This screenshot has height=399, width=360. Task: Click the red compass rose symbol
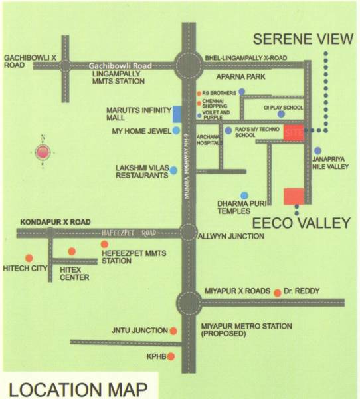(43, 152)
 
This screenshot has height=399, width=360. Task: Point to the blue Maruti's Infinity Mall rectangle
(177, 113)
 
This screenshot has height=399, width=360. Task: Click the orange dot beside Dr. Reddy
(276, 291)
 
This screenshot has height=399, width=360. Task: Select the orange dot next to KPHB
(171, 357)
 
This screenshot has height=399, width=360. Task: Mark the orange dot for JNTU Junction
(173, 331)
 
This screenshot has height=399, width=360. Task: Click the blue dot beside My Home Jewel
(176, 131)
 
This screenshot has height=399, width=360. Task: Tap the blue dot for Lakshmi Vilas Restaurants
(173, 170)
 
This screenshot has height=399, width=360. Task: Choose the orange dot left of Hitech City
(29, 258)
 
